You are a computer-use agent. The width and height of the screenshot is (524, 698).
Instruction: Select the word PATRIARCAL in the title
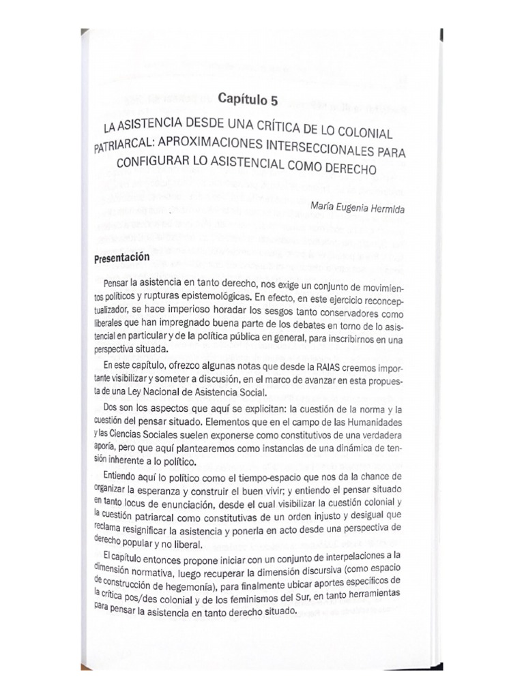pos(122,145)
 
